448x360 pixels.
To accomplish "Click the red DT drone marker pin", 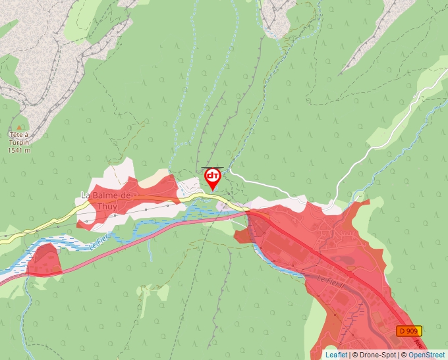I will [212, 177].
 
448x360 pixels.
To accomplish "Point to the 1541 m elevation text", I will [19, 150].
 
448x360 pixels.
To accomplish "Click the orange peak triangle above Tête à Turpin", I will [18, 126].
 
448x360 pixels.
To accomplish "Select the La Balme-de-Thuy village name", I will [106, 201].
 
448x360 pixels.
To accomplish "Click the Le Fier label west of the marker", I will [98, 243].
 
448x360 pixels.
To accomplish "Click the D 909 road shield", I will [409, 330].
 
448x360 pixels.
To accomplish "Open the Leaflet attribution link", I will [336, 355].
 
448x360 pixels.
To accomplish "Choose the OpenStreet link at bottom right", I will [426, 355].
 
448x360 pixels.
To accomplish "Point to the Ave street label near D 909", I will [418, 344].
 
